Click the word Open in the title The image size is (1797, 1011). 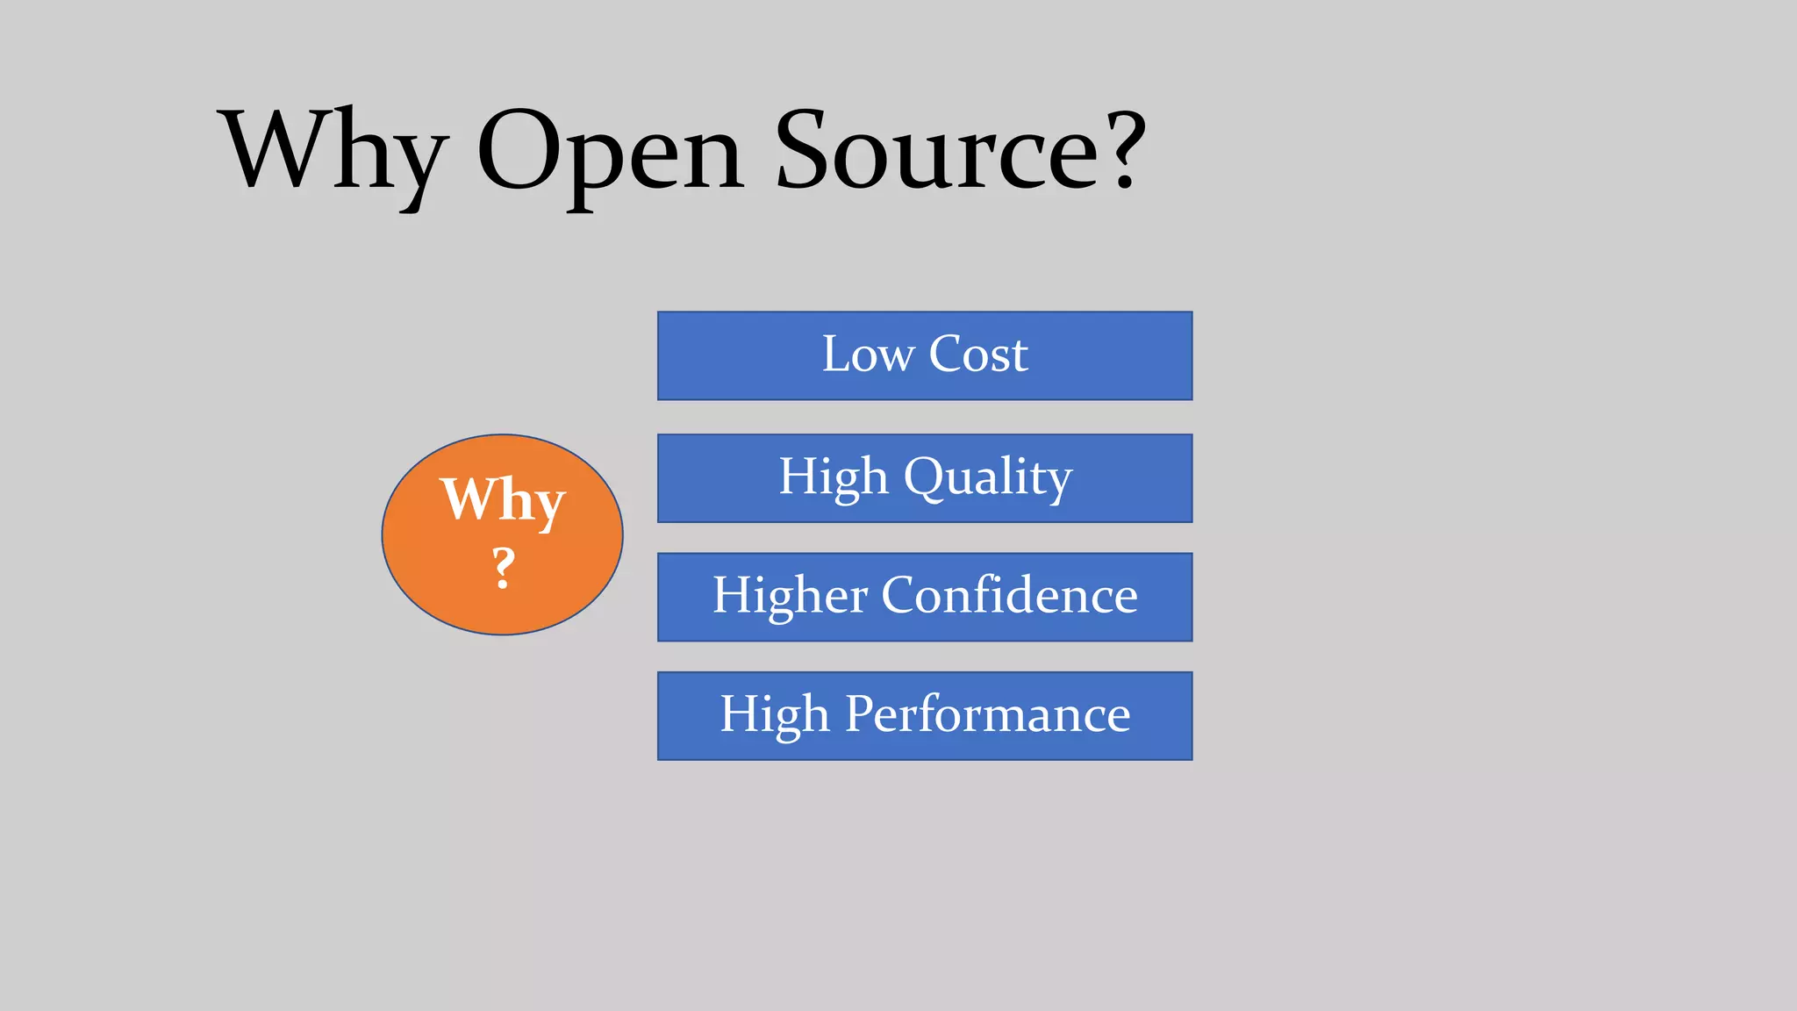611,151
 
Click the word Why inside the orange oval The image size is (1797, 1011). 503,499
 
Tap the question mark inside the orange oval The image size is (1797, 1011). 503,567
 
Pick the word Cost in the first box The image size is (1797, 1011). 978,355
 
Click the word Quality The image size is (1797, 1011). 988,477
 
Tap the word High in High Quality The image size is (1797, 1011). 834,477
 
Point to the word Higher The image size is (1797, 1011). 791,596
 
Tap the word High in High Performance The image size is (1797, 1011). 775,714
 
